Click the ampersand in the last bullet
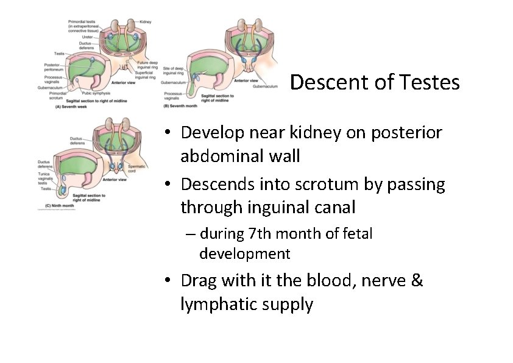point(416,281)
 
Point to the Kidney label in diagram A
point(145,22)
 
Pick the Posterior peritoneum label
point(52,68)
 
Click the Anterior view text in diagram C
point(115,180)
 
